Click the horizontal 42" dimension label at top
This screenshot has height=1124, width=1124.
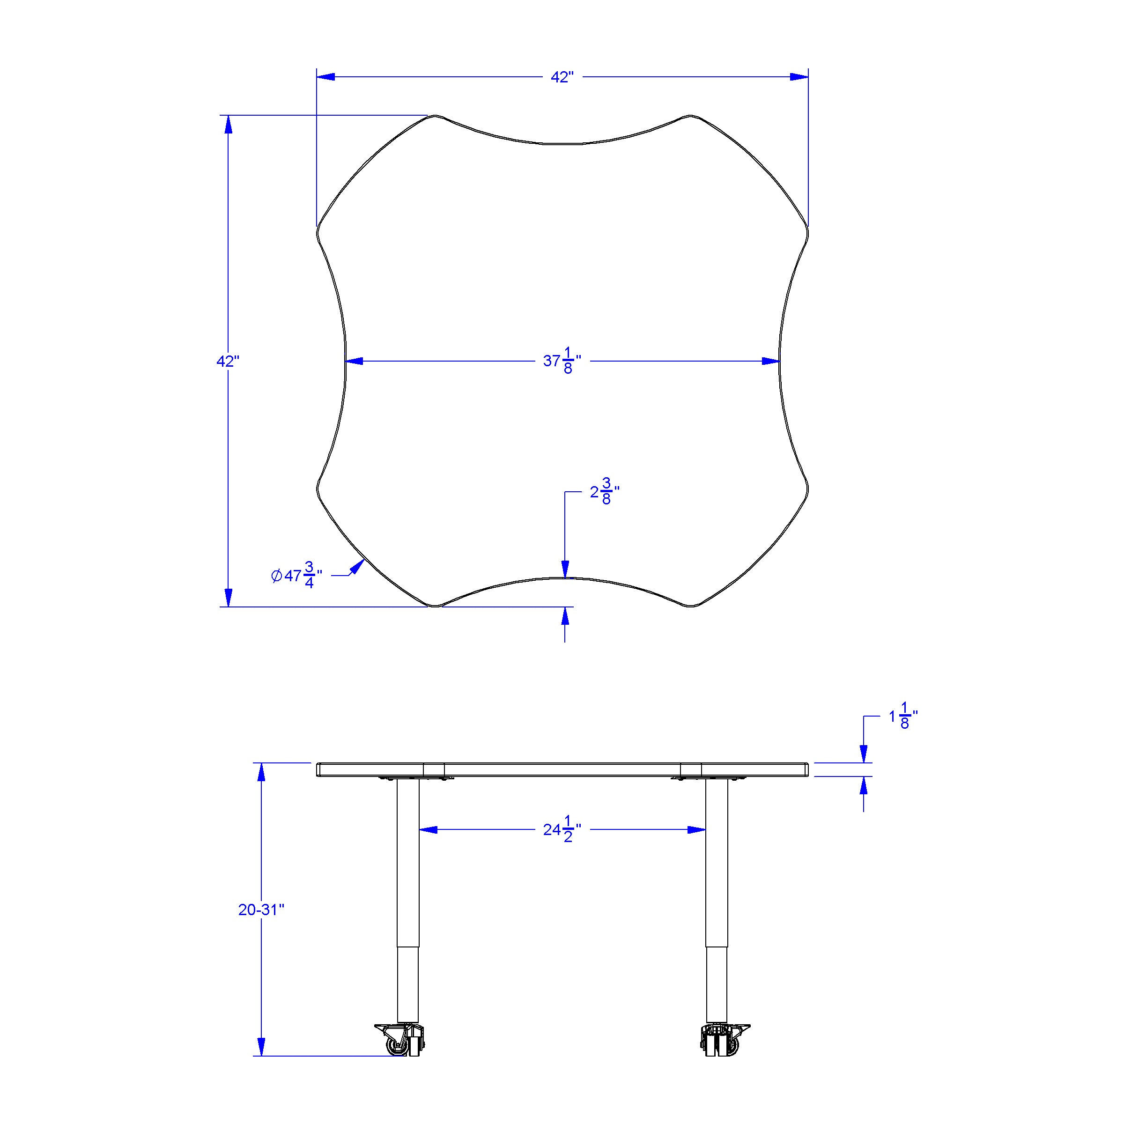[562, 77]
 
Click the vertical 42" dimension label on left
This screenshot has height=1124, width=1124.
[228, 361]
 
